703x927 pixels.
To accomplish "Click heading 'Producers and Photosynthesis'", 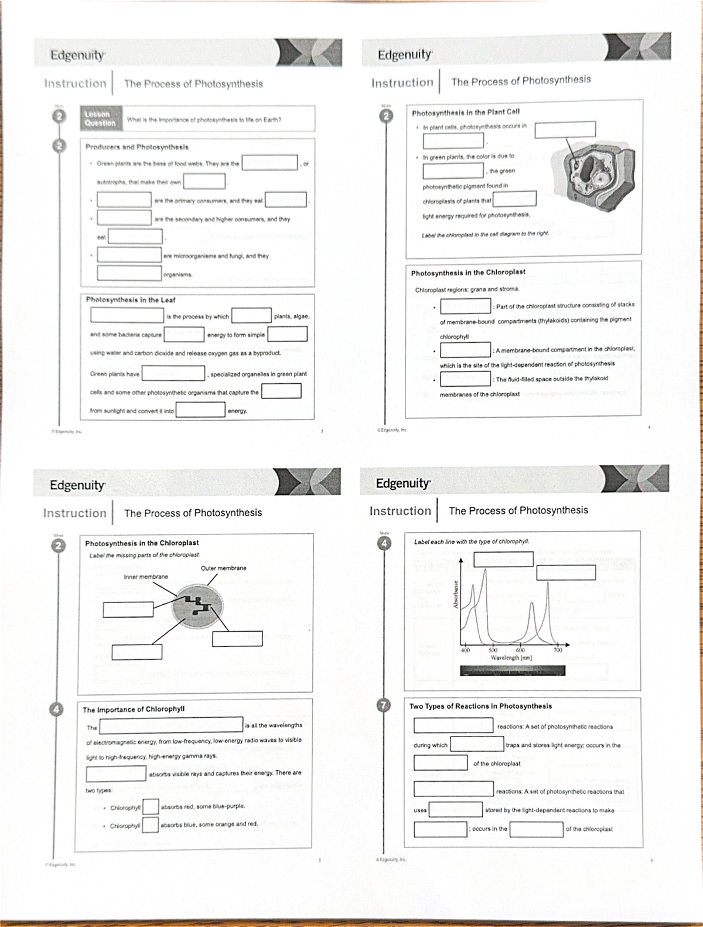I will point(136,146).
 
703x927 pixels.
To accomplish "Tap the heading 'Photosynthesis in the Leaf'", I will point(130,300).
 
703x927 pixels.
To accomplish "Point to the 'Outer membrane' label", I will point(223,568).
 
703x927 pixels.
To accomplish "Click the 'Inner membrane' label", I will point(146,577).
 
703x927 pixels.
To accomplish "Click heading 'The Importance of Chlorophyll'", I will point(134,710).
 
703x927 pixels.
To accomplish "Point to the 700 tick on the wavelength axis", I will point(558,650).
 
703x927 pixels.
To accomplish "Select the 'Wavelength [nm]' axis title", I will point(511,658).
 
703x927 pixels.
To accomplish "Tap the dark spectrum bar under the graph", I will point(512,670).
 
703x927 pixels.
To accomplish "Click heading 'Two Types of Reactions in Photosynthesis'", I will point(480,707).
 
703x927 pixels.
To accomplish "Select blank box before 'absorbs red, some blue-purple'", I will point(151,807).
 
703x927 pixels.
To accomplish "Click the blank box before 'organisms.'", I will point(129,273).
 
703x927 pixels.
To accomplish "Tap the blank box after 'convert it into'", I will point(200,410).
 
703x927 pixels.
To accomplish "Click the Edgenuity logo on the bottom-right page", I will point(403,483).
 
